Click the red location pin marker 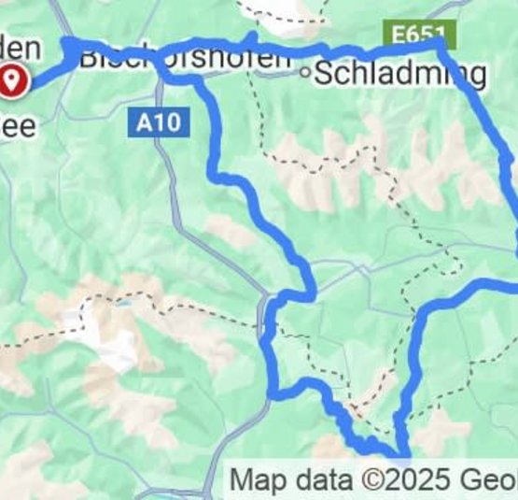click(13, 81)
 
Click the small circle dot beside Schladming click(305, 71)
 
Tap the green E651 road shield click(418, 36)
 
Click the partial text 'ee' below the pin click(21, 124)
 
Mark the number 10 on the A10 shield click(168, 122)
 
